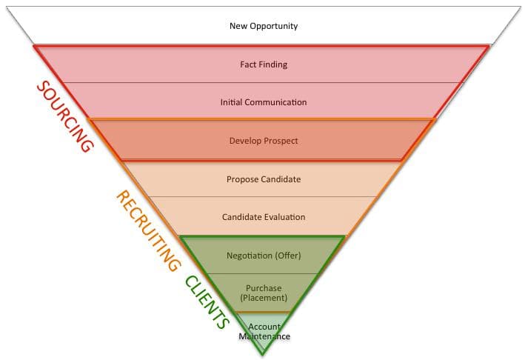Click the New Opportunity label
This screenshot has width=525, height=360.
tap(263, 26)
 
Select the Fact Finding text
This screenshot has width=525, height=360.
tap(263, 64)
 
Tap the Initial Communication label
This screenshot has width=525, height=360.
tap(263, 102)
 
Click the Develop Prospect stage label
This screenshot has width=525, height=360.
tap(263, 140)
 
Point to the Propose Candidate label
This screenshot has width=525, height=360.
tap(263, 179)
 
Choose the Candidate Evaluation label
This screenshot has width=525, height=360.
tap(263, 217)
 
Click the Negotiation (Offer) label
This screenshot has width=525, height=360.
tap(263, 256)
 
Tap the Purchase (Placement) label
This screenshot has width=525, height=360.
tap(263, 293)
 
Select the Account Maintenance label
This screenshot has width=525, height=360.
tap(264, 331)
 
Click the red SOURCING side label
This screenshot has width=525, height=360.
tap(64, 116)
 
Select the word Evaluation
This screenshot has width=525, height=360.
tap(284, 217)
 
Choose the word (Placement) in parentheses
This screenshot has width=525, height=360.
tap(263, 298)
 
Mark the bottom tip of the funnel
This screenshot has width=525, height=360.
tap(262, 355)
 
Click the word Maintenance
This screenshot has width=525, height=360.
tap(264, 336)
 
